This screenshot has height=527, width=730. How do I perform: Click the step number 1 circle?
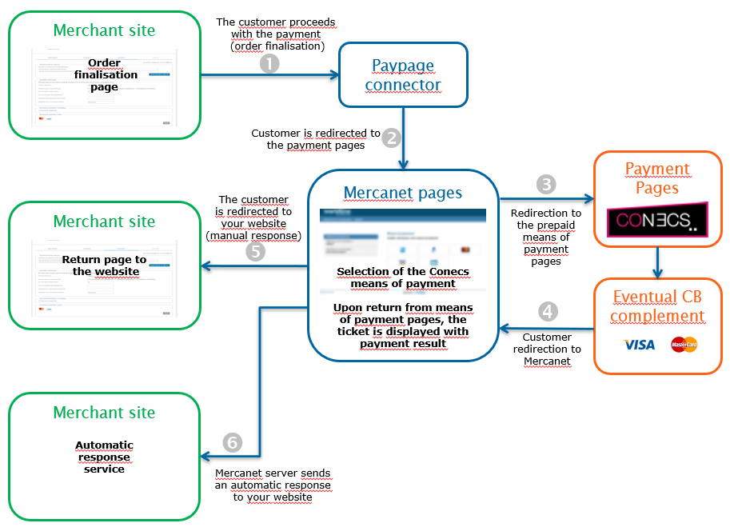coord(270,65)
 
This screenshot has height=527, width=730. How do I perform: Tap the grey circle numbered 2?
coord(391,138)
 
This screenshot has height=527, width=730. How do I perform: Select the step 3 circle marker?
coord(546,185)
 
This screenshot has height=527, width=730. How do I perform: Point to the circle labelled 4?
coord(546,311)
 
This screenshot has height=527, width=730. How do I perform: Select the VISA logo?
coord(639,345)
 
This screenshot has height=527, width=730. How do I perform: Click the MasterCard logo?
coord(684,345)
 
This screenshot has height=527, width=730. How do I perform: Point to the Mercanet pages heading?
coord(402,193)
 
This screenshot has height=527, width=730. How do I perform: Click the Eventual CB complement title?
coord(657,306)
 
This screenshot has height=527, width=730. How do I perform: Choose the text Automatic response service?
coord(105,457)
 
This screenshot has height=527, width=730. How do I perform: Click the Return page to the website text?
coord(105,265)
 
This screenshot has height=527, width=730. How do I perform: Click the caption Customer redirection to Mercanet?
coord(547,349)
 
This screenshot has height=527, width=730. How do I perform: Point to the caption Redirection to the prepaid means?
coord(546,238)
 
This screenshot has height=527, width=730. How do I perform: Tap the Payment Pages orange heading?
coord(657,178)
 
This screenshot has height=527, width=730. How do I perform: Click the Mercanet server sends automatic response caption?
coord(273,485)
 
